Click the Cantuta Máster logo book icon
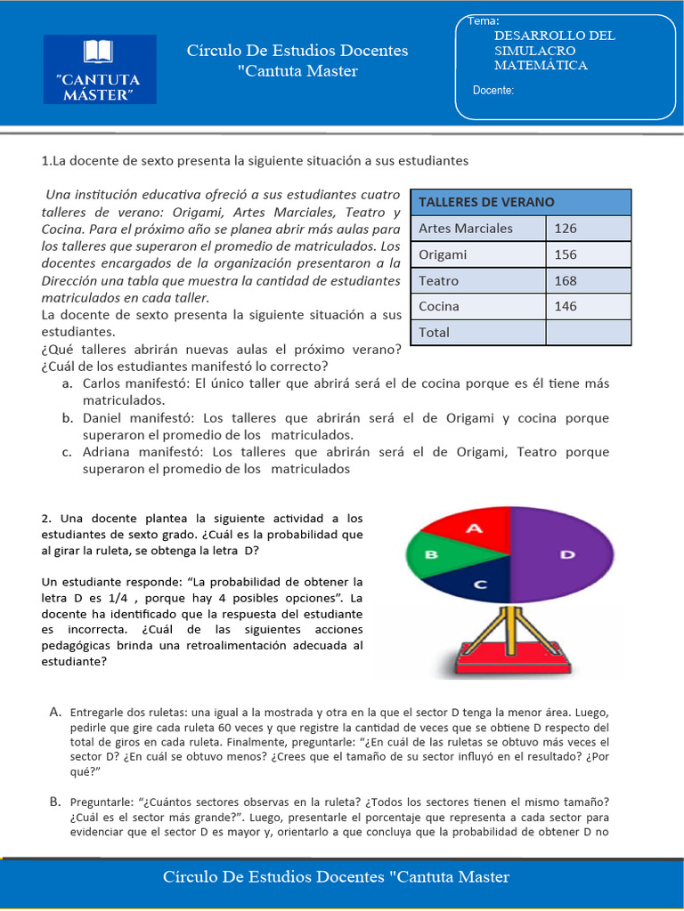click(x=98, y=52)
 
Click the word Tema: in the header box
click(x=483, y=20)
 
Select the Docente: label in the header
click(x=493, y=90)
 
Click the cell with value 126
click(x=566, y=229)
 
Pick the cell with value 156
click(x=566, y=254)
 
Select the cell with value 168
click(x=566, y=281)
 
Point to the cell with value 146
click(x=566, y=307)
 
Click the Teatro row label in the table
click(x=439, y=281)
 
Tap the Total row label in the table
click(x=435, y=333)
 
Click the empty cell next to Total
click(x=588, y=333)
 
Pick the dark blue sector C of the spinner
click(x=479, y=583)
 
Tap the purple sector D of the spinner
click(x=566, y=554)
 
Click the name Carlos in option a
click(x=104, y=383)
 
